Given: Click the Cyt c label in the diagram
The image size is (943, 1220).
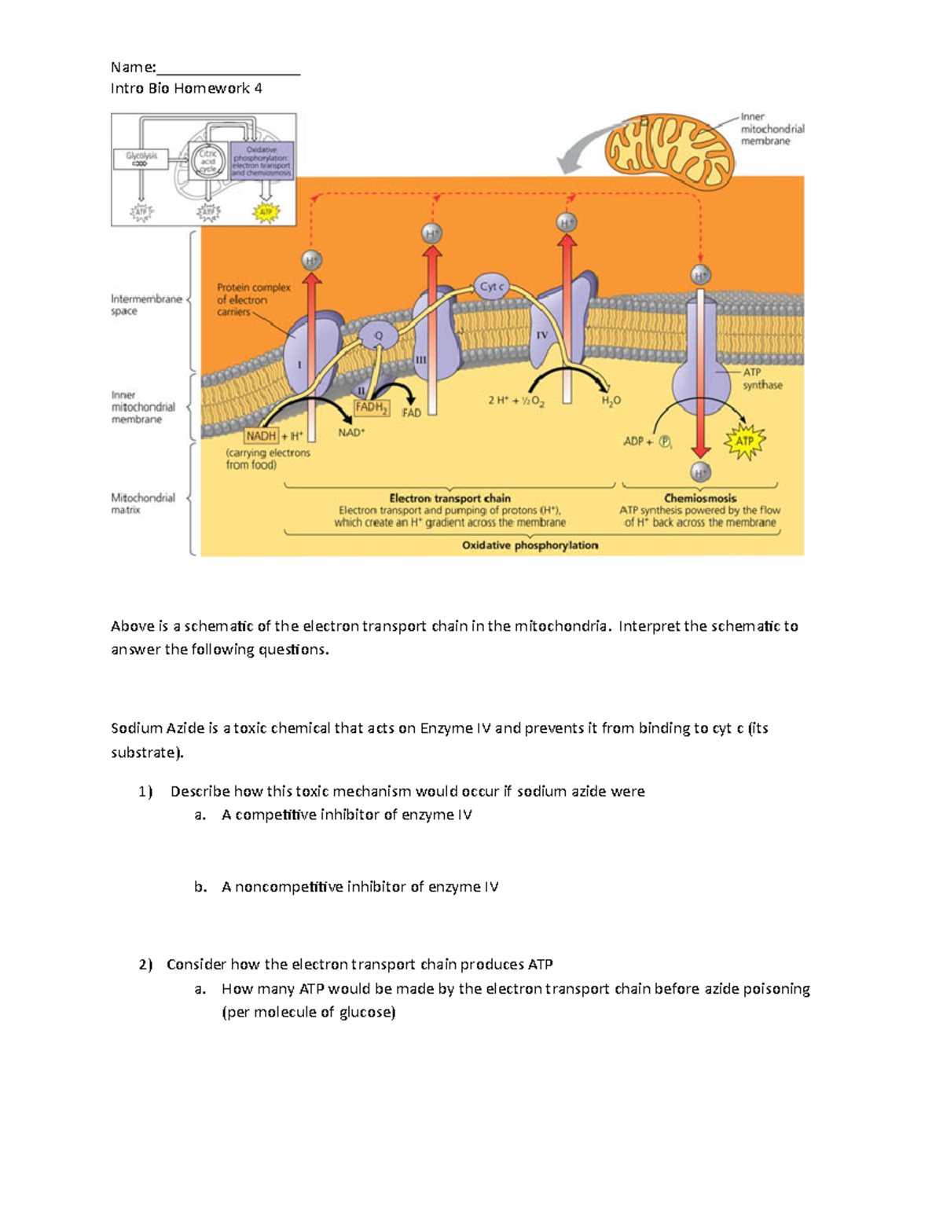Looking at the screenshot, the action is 491,287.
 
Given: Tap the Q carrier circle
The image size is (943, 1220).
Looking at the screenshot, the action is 379,336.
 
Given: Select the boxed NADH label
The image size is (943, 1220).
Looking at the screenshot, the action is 261,436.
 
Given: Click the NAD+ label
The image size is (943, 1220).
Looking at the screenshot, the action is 351,433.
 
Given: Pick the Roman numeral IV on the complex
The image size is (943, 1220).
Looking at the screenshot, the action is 541,335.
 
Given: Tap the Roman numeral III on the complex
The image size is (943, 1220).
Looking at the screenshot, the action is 420,360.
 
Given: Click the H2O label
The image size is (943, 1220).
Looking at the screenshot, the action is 611,401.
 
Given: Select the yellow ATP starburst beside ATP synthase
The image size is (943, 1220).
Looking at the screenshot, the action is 744,441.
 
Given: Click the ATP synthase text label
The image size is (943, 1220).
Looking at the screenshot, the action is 762,379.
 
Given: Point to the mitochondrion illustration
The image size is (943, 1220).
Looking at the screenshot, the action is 669,148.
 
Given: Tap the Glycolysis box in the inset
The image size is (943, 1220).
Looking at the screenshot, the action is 141,159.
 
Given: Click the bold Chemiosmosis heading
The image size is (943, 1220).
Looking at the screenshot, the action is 700,498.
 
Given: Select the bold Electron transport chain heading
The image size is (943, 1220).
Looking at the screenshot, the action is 449,498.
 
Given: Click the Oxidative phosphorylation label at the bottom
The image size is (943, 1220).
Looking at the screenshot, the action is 530,545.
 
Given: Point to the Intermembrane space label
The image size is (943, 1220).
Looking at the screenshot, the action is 146,305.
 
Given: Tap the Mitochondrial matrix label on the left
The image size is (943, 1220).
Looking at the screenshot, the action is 142,504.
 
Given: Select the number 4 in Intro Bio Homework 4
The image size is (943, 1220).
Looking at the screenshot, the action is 258,89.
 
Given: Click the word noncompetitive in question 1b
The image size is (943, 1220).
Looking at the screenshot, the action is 288,887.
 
